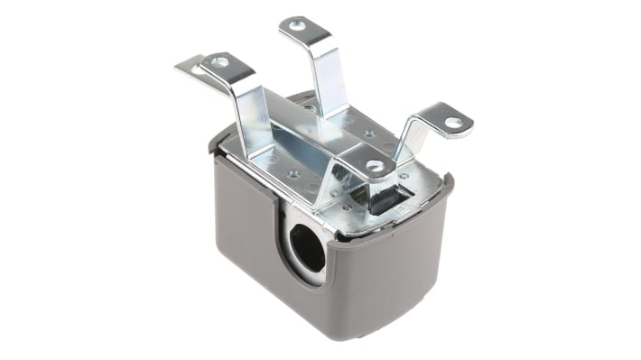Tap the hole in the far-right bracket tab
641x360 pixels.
coord(453,122)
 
